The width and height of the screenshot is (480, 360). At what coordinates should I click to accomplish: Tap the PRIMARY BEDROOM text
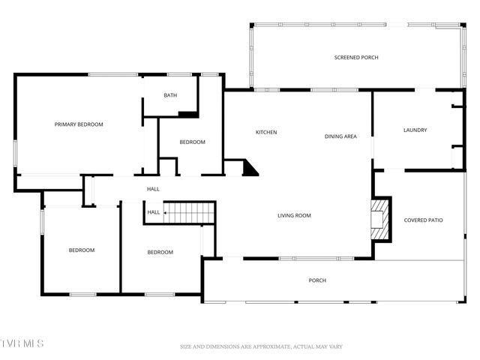(79, 124)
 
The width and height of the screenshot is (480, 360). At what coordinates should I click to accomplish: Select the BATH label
(170, 95)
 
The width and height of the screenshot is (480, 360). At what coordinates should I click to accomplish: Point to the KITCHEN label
(266, 133)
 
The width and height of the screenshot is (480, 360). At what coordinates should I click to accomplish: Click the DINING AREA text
(340, 136)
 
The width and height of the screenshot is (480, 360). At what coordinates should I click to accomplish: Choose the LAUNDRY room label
(415, 130)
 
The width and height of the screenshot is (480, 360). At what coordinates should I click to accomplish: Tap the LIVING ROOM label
(294, 216)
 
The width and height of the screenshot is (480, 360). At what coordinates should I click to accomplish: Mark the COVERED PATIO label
(424, 220)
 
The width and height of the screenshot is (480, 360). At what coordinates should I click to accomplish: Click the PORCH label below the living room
(317, 280)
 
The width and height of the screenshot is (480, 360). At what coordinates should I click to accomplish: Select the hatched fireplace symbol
(382, 218)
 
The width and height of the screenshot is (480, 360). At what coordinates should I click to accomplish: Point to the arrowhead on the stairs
(166, 213)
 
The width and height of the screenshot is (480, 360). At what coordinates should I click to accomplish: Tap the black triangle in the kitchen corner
(250, 168)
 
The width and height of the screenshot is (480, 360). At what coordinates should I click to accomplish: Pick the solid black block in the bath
(187, 114)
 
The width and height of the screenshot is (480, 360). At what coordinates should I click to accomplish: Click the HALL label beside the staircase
(153, 212)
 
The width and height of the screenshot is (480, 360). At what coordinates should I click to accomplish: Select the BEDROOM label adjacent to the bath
(192, 142)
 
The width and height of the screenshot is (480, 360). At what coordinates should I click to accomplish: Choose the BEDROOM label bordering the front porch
(160, 252)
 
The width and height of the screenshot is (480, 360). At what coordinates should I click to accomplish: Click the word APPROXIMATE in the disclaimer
(262, 346)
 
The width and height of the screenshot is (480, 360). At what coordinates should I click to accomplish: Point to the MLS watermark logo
(22, 343)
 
